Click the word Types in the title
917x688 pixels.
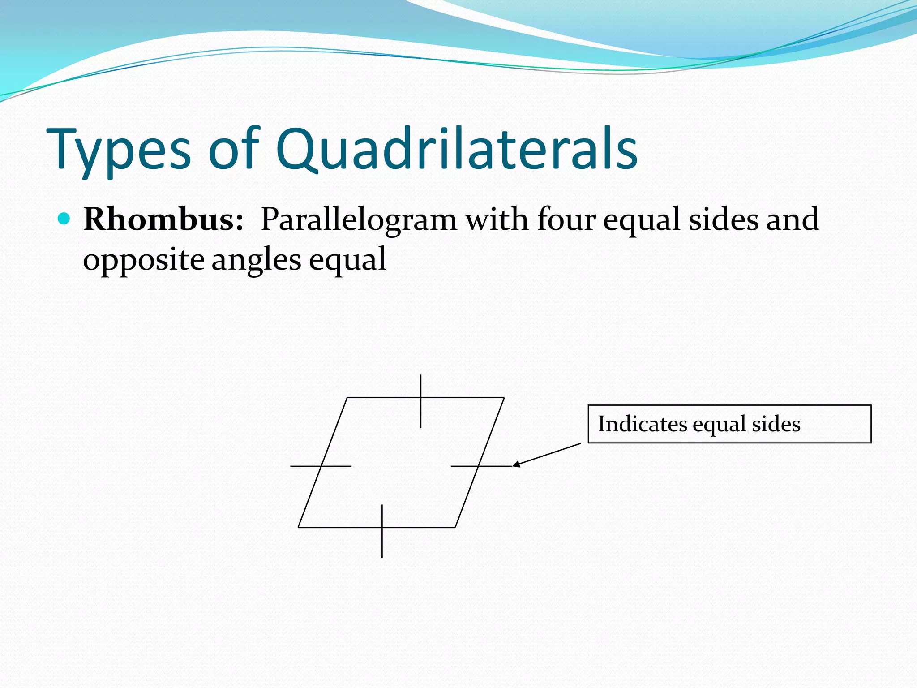click(x=119, y=150)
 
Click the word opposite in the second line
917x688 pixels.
click(x=144, y=260)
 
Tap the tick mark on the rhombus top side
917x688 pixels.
click(x=420, y=401)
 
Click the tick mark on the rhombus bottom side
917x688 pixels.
click(x=382, y=531)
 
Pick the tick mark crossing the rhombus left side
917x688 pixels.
click(x=321, y=466)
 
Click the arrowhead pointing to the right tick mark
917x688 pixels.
click(x=516, y=464)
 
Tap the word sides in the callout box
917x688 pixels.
click(x=776, y=424)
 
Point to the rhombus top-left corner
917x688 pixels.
click(x=347, y=398)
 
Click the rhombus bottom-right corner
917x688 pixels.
click(x=455, y=527)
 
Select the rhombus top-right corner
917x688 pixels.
click(x=504, y=398)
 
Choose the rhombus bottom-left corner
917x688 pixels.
click(x=299, y=527)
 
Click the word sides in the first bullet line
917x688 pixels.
click(x=724, y=219)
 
